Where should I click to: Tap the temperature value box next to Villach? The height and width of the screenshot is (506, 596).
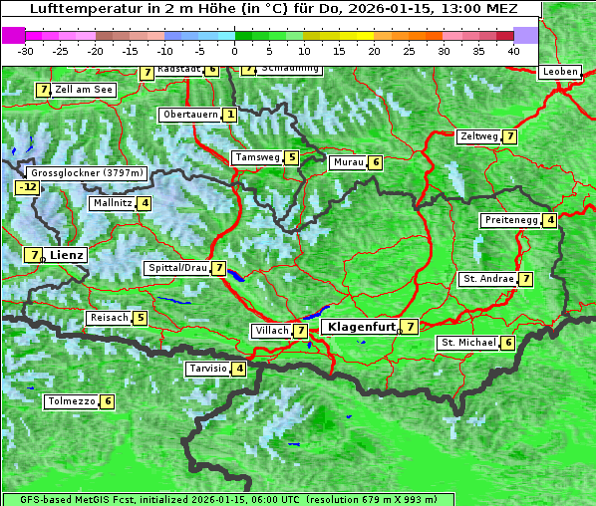point(300,330)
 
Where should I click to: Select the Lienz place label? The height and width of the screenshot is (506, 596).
point(67,255)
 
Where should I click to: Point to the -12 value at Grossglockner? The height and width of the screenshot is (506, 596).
point(28,187)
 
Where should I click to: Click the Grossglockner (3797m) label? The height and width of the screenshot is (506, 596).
point(88,173)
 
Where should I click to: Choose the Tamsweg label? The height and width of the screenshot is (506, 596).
point(256,157)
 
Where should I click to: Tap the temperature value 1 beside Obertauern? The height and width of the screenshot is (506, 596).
point(230,115)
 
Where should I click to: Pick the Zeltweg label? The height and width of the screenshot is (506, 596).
point(477,136)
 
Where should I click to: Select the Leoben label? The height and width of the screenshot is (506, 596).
point(558,72)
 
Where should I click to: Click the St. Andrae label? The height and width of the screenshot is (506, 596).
point(486,279)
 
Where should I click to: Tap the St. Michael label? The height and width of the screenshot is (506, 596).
point(467,343)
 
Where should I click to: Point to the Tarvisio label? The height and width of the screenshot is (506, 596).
point(207,369)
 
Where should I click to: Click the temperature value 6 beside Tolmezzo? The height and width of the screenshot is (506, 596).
point(108,401)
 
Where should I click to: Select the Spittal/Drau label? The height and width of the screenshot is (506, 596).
point(176,268)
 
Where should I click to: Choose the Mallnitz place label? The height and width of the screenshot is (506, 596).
point(111,203)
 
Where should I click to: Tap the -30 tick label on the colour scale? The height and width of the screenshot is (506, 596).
point(26,50)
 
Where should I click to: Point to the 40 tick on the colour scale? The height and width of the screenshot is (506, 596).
point(513,50)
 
